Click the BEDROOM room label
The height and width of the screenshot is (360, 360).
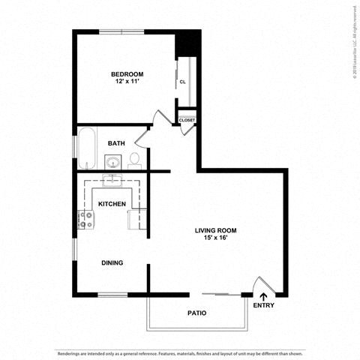(127, 73)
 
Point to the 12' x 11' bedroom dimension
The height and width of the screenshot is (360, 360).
(127, 81)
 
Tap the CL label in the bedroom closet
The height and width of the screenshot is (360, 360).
(182, 82)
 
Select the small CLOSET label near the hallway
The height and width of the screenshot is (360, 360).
(187, 120)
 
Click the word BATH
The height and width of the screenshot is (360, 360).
(116, 142)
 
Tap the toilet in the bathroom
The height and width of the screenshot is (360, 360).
(135, 159)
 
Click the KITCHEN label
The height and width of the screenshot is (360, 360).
(112, 204)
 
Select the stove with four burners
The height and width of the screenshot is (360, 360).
(86, 219)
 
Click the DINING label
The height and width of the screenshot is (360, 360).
(112, 262)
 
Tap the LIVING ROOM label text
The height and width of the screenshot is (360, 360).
(216, 231)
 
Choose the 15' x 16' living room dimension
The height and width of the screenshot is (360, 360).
(216, 239)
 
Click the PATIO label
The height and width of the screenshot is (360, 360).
(196, 313)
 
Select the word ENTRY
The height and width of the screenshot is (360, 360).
(263, 305)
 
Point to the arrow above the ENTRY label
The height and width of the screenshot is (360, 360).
(263, 296)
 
